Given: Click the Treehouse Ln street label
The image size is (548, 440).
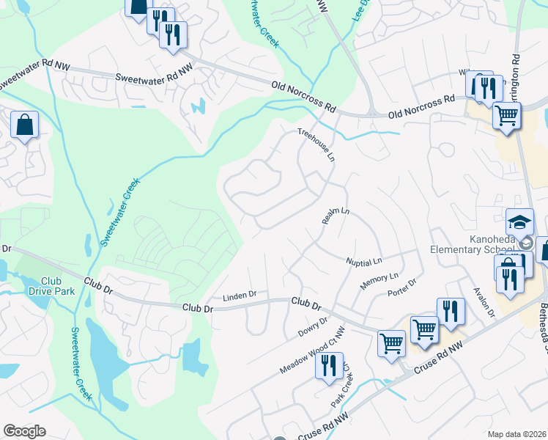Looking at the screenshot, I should [316, 145].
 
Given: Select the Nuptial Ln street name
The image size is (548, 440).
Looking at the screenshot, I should [365, 261].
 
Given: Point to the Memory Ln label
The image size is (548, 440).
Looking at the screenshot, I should [378, 280].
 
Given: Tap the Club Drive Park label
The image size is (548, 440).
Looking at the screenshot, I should [51, 287].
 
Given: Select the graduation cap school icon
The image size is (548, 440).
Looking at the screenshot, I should [519, 221].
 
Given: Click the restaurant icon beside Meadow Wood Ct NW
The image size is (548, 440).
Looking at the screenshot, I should [329, 364].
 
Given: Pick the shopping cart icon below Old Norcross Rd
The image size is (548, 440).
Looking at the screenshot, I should [506, 115].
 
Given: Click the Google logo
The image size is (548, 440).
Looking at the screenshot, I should [24, 431].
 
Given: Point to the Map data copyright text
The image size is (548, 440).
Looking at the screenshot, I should [517, 434].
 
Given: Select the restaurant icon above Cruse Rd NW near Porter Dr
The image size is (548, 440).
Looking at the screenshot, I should [451, 311].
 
